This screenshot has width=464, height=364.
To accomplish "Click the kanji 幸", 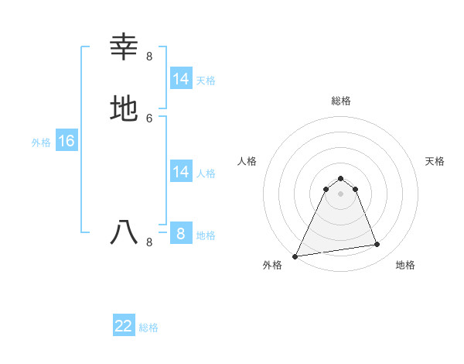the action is (x=125, y=47).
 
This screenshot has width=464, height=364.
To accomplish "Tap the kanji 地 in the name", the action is (x=125, y=108).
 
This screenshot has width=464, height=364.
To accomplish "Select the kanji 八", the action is (x=125, y=232).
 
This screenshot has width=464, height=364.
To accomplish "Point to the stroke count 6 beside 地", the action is (x=149, y=118).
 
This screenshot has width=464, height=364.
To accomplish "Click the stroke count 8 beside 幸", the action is (x=149, y=56).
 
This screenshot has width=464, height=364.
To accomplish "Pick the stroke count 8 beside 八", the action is (x=149, y=242).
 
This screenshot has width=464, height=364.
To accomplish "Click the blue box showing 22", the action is (x=124, y=326).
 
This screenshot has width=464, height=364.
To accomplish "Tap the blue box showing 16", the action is (x=67, y=141).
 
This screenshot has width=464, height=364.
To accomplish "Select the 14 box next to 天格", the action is (x=181, y=79).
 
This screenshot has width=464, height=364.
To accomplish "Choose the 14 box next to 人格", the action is (x=181, y=172).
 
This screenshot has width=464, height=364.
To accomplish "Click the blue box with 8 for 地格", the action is (x=181, y=234).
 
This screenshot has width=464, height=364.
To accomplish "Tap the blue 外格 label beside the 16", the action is (x=41, y=142).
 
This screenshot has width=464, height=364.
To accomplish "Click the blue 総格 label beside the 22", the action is (x=148, y=327).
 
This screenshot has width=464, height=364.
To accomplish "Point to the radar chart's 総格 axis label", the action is (x=341, y=101).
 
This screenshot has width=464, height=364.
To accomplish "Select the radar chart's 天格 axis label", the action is (x=435, y=161).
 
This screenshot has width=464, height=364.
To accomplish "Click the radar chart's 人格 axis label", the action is (x=247, y=161).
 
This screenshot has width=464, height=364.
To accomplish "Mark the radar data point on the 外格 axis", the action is (x=295, y=256).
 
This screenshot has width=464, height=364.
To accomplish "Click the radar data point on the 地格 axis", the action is (x=377, y=245).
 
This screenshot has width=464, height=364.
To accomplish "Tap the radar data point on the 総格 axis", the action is (x=341, y=177).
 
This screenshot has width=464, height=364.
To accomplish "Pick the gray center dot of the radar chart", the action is (x=341, y=194).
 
